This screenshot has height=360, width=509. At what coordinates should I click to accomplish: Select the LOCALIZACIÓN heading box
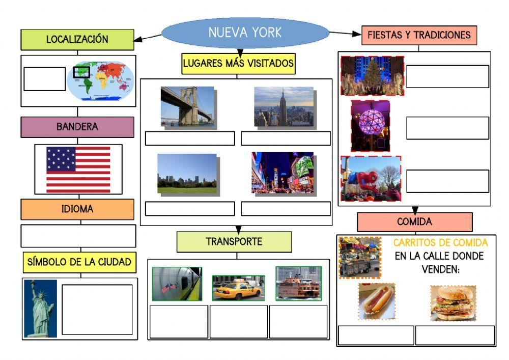click(x=77, y=40)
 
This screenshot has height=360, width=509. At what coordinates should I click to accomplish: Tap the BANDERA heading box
click(x=77, y=127)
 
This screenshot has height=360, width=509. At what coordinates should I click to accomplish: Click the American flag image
click(x=78, y=170)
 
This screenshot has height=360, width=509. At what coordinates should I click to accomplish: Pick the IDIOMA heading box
click(x=77, y=209)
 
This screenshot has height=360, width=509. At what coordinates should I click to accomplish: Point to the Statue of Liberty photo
click(x=41, y=308)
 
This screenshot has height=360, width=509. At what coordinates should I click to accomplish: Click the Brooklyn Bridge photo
click(x=187, y=106)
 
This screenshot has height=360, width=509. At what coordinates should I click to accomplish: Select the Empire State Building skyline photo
click(x=284, y=106)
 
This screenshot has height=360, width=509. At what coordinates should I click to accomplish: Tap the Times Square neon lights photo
click(x=282, y=173)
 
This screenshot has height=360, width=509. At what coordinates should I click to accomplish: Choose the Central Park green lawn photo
click(x=187, y=174)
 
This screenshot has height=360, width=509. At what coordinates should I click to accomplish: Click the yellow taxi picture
click(x=238, y=288)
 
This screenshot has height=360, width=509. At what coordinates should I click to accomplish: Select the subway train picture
click(x=177, y=284)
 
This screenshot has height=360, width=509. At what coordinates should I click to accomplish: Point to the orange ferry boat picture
click(x=299, y=283)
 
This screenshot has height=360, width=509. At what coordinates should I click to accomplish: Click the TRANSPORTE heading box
click(x=234, y=242)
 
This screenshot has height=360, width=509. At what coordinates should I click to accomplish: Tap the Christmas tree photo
click(x=372, y=76)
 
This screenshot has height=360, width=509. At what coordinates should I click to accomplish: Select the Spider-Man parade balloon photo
click(x=371, y=178)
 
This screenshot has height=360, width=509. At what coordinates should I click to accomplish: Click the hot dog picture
click(x=376, y=301)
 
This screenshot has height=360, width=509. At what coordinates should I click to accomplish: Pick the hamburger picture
click(x=453, y=303)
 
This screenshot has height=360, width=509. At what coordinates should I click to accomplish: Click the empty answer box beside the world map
click(x=45, y=79)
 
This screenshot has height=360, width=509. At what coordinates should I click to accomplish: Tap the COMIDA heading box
click(x=414, y=222)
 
